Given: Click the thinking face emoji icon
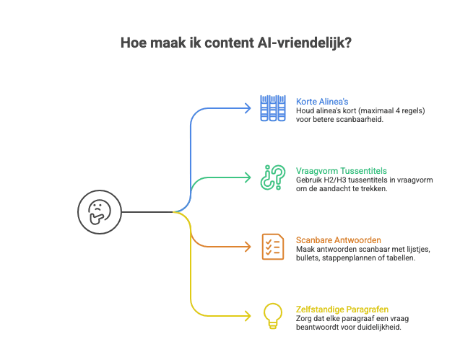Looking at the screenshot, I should coord(96,212).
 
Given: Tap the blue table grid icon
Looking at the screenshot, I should coord(273,108).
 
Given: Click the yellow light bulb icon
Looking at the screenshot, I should coord(272,315).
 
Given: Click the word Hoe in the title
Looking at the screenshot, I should coord(132,43).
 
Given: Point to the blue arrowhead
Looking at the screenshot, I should coord(248,108).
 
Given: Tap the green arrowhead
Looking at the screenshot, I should coord(248,177).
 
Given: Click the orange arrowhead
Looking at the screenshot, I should coord(248,247).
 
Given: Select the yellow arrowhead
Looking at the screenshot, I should coord(248,316).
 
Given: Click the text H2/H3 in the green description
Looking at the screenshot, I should coord(331,179).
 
